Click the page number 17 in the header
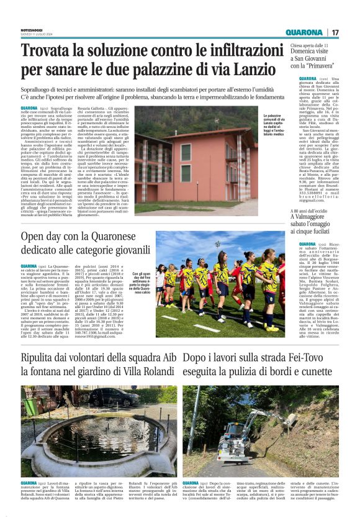click(x=335, y=32)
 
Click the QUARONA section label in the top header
click(x=305, y=32)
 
